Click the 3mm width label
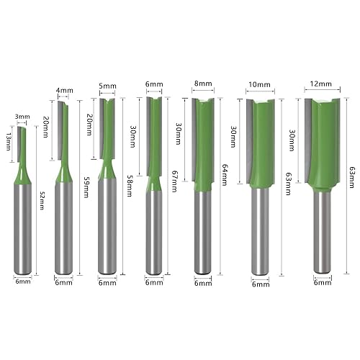pos(22,116)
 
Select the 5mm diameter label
pos(107,86)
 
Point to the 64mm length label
pos(225,173)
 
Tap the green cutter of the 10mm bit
pos(264,144)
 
